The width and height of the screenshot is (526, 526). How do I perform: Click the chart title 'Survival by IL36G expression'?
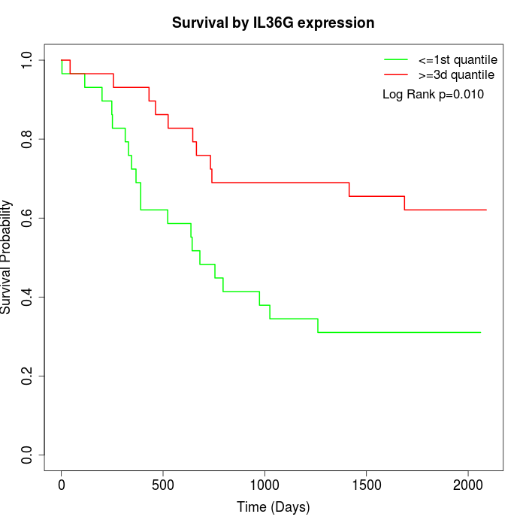[273, 23]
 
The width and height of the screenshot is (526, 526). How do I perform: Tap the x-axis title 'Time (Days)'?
[273, 507]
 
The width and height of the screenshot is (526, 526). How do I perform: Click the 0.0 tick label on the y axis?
[28, 455]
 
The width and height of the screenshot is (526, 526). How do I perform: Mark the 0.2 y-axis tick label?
[28, 376]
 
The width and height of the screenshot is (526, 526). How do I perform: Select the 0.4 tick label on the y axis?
[28, 297]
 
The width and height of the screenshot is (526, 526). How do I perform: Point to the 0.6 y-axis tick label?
[28, 218]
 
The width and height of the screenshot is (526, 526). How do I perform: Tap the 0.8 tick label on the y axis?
[28, 139]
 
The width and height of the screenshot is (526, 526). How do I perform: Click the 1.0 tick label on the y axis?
[28, 60]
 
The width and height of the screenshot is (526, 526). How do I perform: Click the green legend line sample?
[396, 59]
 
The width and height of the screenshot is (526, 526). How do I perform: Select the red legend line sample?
[396, 74]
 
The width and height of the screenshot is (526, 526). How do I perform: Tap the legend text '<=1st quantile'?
[457, 59]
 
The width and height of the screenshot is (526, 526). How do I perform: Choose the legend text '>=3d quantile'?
[456, 74]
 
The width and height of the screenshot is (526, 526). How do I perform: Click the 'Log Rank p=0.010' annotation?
[433, 94]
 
